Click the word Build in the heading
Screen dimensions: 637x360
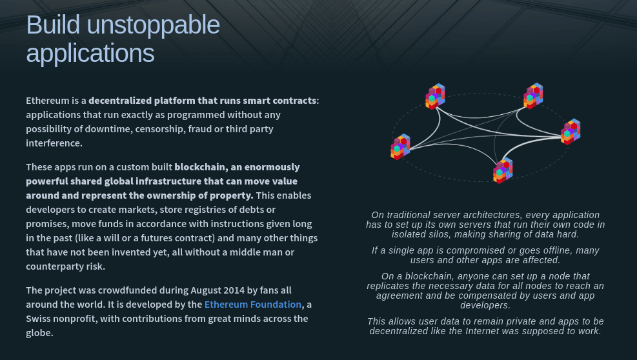[53, 25]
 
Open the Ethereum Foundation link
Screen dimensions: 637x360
[253, 305]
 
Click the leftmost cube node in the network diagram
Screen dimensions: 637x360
[401, 146]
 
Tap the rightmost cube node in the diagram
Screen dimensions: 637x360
[571, 132]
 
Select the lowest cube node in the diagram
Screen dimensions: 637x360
[503, 171]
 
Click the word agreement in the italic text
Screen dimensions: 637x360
[399, 295]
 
